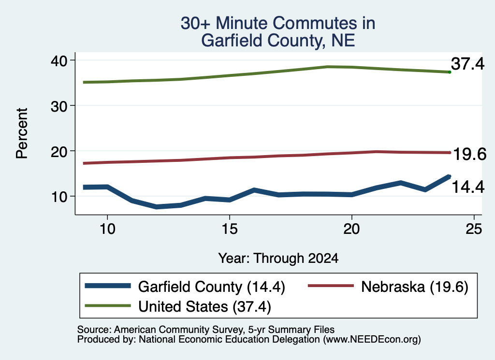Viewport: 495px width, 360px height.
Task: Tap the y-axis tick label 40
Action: (59, 61)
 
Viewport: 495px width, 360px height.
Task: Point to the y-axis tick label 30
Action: (59, 106)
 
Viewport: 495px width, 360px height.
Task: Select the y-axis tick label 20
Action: (59, 152)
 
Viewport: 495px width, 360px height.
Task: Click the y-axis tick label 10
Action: (59, 197)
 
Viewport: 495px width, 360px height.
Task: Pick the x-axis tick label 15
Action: (230, 229)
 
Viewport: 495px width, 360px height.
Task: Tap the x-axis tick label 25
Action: (474, 229)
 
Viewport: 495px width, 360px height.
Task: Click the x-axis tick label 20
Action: (352, 229)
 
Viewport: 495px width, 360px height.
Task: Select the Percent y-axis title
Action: (22, 133)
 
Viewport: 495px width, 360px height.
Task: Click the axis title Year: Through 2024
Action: (278, 258)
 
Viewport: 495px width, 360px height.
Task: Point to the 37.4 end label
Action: (467, 64)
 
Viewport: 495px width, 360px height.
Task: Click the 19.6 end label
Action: (469, 154)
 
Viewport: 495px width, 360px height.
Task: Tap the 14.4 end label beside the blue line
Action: (468, 187)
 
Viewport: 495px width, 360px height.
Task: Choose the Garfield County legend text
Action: (190, 287)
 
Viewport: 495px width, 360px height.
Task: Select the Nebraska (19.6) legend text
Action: (414, 287)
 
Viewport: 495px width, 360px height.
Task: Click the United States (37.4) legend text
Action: (204, 307)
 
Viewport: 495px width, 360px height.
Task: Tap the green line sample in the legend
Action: (108, 306)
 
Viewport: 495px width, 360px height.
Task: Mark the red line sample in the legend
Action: (331, 286)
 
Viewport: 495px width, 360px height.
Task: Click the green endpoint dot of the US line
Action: (450, 72)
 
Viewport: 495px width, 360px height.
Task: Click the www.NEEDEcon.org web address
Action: (372, 340)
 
